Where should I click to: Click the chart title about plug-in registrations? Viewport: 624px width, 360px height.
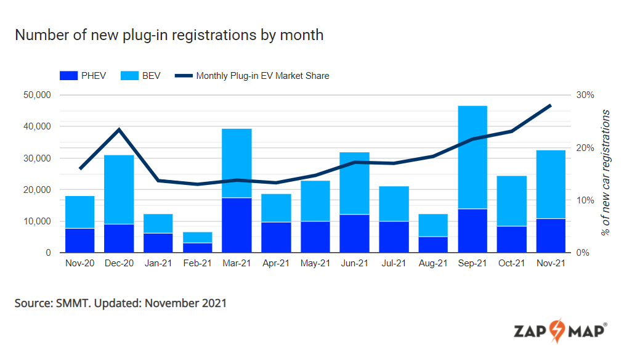(169, 35)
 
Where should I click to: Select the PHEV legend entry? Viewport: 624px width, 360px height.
(83, 76)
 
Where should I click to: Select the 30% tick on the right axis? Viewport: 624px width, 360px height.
(585, 95)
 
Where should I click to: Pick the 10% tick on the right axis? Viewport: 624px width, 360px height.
(585, 200)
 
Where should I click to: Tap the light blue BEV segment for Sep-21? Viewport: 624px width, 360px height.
(472, 157)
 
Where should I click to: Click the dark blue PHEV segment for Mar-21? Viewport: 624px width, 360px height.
(237, 225)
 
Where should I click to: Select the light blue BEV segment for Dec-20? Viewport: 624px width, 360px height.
(120, 189)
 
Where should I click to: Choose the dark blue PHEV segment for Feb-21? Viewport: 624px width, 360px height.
(198, 248)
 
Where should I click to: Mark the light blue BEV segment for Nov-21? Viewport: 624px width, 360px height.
(551, 184)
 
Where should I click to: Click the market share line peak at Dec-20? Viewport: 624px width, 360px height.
(120, 129)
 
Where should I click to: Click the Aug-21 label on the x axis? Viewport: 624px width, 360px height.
(433, 264)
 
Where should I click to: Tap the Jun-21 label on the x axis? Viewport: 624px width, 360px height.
(355, 264)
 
